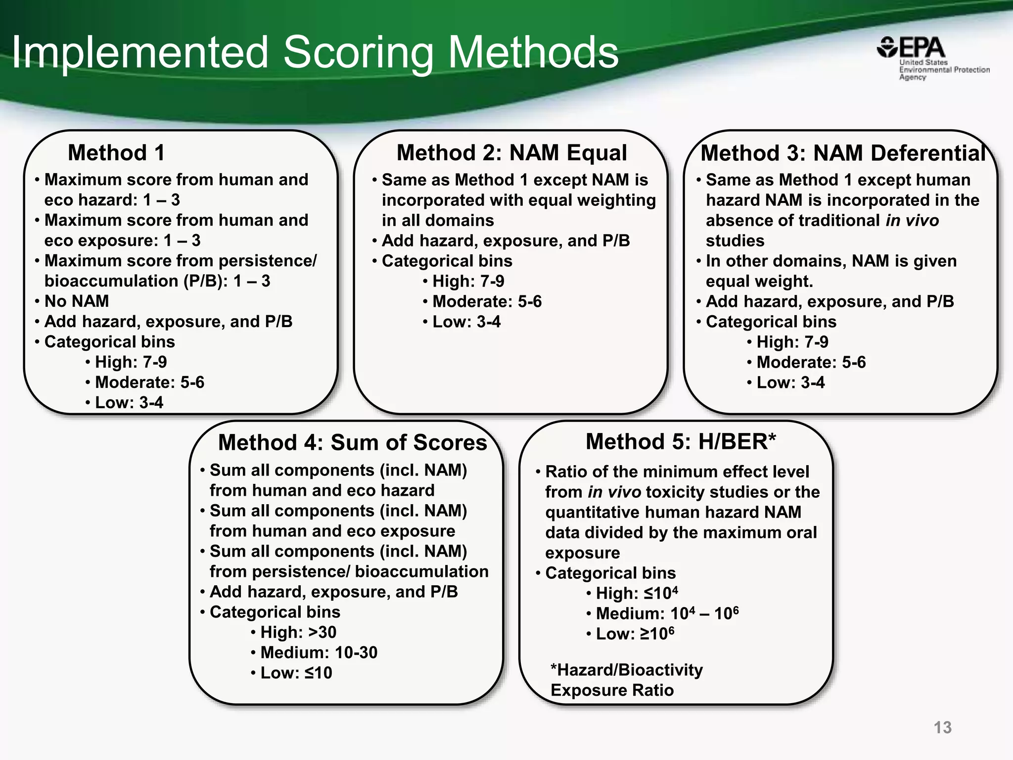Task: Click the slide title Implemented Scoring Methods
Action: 315,52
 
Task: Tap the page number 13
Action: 942,727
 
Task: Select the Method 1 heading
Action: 116,152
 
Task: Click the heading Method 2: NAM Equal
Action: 511,152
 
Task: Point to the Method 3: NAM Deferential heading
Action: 843,153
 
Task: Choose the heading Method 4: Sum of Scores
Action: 352,442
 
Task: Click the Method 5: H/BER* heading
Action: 681,441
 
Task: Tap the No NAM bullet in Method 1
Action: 76,301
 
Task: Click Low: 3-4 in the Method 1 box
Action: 129,403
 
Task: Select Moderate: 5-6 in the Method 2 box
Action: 487,301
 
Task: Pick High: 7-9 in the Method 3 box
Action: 792,342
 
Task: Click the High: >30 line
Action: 298,632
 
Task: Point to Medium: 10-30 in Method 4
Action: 319,653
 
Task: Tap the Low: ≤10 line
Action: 296,673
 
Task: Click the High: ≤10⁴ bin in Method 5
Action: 636,593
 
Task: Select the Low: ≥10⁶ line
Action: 635,634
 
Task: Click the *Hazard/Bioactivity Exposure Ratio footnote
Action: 626,680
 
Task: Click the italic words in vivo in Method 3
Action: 912,220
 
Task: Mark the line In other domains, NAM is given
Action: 831,261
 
